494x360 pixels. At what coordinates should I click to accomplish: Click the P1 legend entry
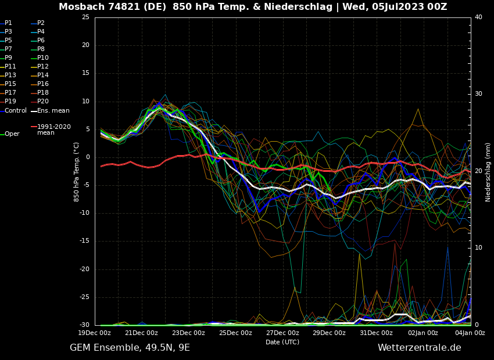(x=8, y=23)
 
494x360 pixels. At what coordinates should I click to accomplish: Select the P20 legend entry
(x=42, y=102)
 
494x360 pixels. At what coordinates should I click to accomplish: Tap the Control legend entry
(x=15, y=110)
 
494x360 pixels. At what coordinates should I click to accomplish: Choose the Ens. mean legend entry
(x=53, y=110)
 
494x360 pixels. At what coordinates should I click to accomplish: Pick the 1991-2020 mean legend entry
(x=53, y=129)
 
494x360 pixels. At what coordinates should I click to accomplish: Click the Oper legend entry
(x=12, y=134)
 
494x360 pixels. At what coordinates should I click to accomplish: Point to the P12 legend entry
(x=42, y=67)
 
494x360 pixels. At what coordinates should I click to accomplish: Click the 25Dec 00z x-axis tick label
(x=235, y=333)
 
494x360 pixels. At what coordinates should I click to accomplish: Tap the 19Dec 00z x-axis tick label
(x=95, y=333)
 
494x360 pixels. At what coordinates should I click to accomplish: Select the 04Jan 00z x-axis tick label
(x=470, y=333)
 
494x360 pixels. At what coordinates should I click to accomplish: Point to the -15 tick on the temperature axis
(x=85, y=241)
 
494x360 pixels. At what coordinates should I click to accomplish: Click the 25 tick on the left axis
(x=86, y=17)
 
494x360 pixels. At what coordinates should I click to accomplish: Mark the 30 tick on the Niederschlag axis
(x=478, y=94)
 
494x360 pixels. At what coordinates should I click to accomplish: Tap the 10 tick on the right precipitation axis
(x=478, y=248)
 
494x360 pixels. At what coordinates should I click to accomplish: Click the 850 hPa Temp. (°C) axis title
(x=77, y=171)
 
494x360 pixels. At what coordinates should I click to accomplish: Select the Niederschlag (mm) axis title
(x=488, y=172)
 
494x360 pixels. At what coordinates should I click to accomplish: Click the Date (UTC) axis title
(x=282, y=342)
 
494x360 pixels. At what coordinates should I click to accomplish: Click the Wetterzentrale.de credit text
(x=419, y=348)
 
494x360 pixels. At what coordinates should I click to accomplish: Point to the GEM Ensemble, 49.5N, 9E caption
(x=130, y=348)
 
